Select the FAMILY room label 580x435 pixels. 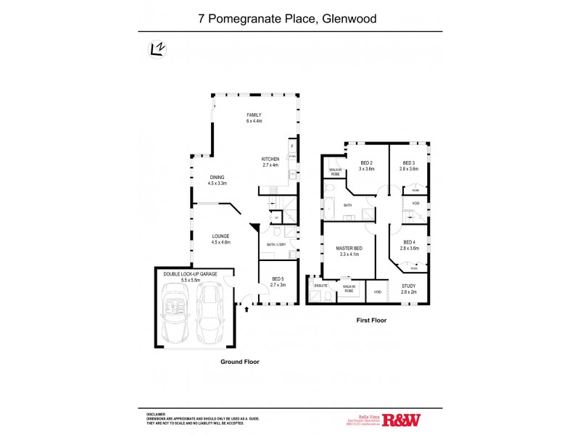coord(253,115)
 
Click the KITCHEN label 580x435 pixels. coord(270,159)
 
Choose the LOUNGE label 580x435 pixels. coord(220,236)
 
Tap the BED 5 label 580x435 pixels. coord(278,279)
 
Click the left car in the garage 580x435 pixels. coord(177,312)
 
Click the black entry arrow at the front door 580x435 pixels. coord(248,310)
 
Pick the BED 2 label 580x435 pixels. coord(366,163)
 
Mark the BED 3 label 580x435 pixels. coord(409,163)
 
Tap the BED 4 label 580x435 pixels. coord(409,242)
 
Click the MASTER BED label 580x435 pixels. coord(349,249)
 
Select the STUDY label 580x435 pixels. coord(409,286)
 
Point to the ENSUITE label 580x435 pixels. coord(320,286)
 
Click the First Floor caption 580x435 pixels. coord(370,319)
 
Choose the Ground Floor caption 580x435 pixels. coord(240,361)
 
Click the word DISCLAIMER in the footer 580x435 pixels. coord(157,413)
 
